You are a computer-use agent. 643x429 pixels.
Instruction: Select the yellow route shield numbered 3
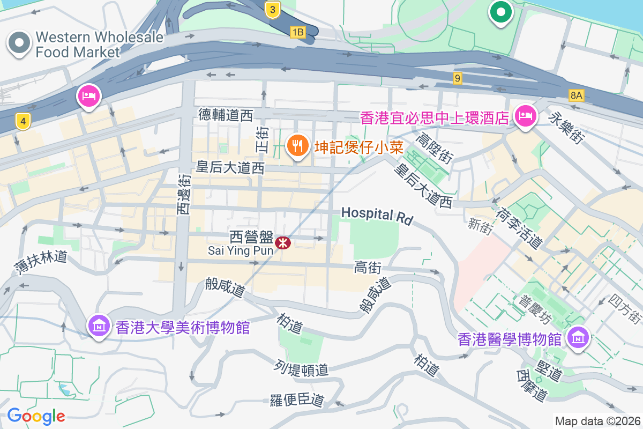273,9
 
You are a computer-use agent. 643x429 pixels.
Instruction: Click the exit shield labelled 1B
297,33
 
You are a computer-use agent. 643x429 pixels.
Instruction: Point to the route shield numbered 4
22,122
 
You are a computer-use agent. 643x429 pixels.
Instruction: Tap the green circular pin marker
500,12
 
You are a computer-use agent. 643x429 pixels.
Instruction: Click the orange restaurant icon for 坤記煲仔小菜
296,145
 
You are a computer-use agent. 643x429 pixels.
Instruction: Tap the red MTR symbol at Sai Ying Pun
282,243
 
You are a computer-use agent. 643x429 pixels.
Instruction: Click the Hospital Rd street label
377,215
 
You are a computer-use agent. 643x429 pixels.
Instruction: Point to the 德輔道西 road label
225,115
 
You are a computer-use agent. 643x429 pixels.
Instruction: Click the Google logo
36,416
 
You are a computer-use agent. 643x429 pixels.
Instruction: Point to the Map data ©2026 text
597,421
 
